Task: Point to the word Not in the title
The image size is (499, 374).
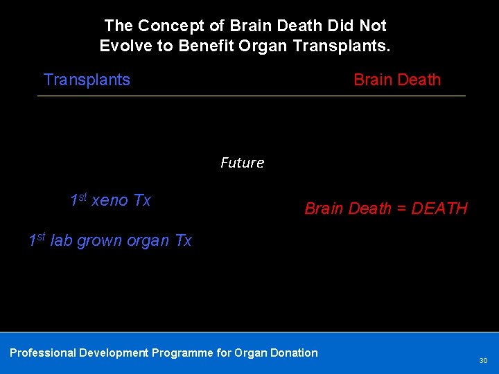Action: tap(373, 26)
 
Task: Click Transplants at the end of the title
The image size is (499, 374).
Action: tap(343, 46)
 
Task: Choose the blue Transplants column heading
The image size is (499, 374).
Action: tap(87, 80)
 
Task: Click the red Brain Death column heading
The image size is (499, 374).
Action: tap(397, 80)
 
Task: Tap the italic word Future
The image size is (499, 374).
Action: tap(242, 163)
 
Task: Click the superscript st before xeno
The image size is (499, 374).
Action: tap(82, 197)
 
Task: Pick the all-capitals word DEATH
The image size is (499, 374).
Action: tap(439, 208)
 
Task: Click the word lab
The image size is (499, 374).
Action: tap(62, 241)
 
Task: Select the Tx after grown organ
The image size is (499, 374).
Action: tap(183, 241)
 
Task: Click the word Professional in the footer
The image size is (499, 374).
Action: tap(42, 353)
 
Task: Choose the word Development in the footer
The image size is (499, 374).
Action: tap(114, 353)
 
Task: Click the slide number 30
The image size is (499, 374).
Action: tap(483, 361)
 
